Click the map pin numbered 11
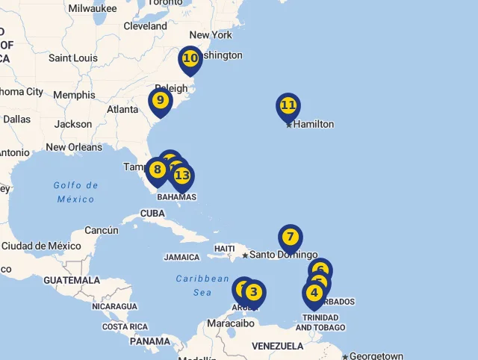tap(288, 106)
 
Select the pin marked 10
tap(190, 58)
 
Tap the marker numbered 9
tap(160, 100)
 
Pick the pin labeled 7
tap(290, 238)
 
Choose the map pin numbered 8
tap(157, 170)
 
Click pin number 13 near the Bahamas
tap(182, 176)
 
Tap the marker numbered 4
tap(314, 293)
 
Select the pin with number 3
tap(254, 292)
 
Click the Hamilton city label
tap(313, 124)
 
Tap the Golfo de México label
tap(76, 192)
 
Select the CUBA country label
tap(152, 213)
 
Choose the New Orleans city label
tap(74, 147)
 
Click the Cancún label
tap(101, 231)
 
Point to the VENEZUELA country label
tap(277, 346)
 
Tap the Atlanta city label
tap(122, 109)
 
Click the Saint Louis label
tap(73, 58)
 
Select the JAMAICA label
tap(181, 257)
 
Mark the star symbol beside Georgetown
tap(344, 356)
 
